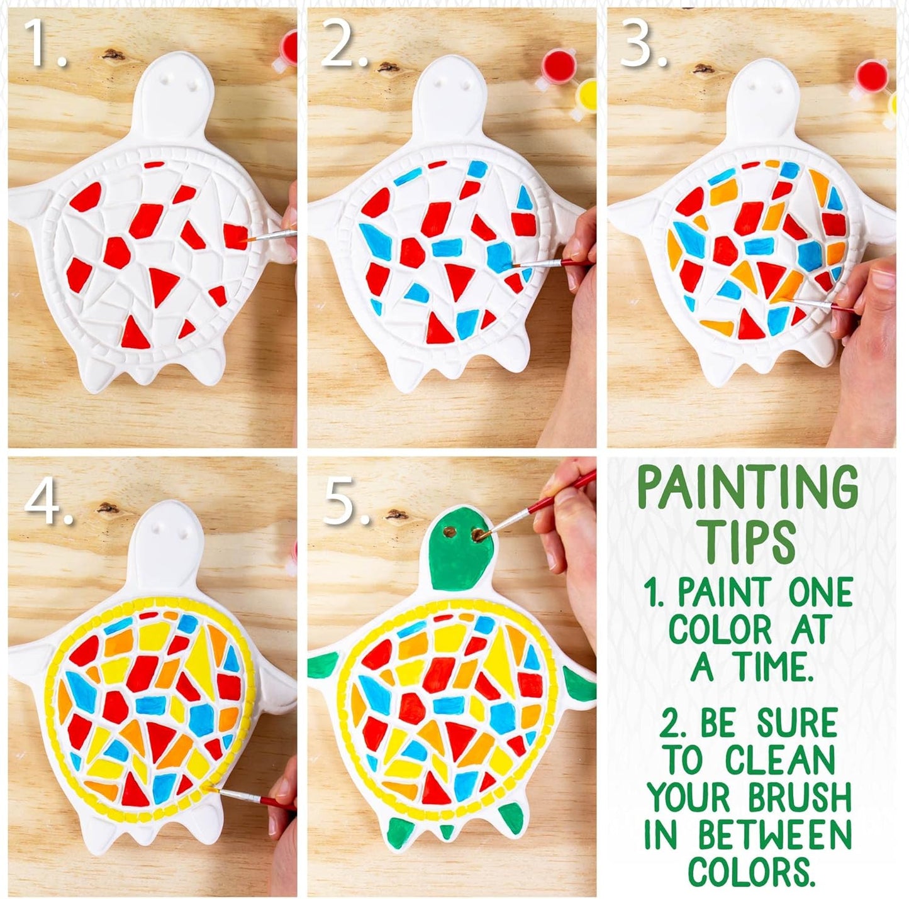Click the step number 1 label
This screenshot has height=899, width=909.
point(45,43)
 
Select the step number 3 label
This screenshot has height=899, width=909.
point(643,43)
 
